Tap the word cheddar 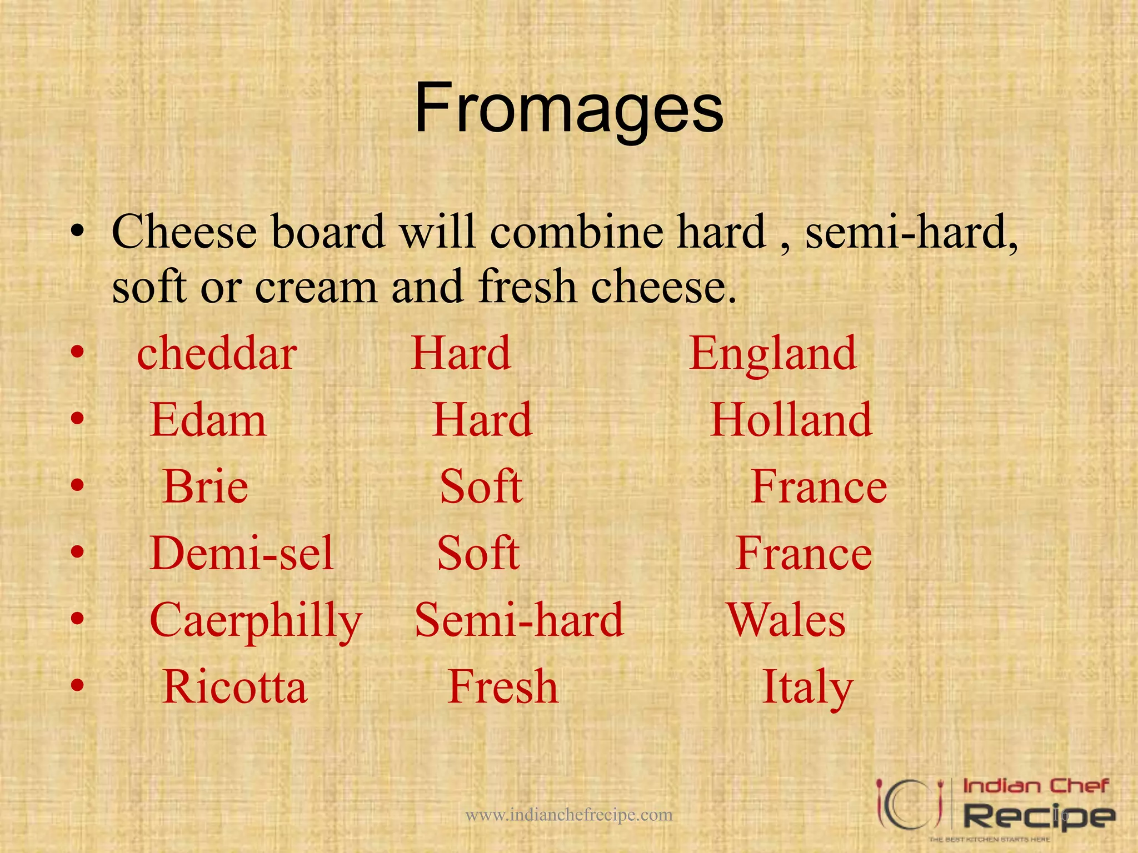[x=217, y=354]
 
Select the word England [x=773, y=354]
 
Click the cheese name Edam [x=208, y=420]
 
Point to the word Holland [x=791, y=420]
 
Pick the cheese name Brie [x=206, y=487]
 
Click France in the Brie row [x=819, y=487]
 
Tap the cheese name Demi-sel [x=242, y=554]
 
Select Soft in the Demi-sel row [x=478, y=554]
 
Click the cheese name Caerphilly [x=256, y=621]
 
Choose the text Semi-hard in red [x=520, y=620]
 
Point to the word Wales [x=786, y=620]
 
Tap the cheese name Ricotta [x=234, y=688]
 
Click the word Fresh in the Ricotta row [x=503, y=688]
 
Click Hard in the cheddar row [x=461, y=354]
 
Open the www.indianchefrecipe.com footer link [x=569, y=815]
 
